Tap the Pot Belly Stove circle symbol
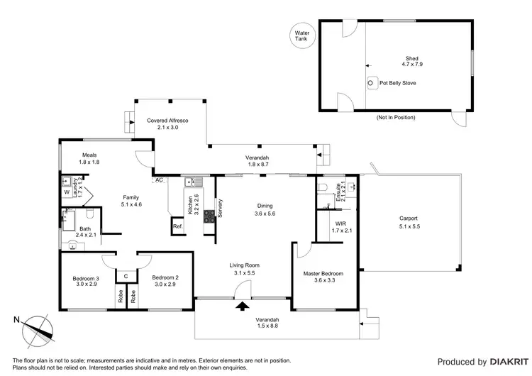pyautogui.click(x=371, y=83)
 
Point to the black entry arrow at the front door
pyautogui.click(x=243, y=306)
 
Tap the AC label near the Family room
pyautogui.click(x=160, y=180)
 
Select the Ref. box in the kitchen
pyautogui.click(x=177, y=227)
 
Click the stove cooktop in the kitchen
pyautogui.click(x=209, y=216)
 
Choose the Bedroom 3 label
pyautogui.click(x=85, y=281)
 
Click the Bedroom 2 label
pyautogui.click(x=165, y=281)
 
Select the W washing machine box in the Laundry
pyautogui.click(x=67, y=192)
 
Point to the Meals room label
pyautogui.click(x=89, y=158)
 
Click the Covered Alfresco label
pyautogui.click(x=168, y=124)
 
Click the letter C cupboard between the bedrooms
pyautogui.click(x=126, y=276)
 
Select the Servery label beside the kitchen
pyautogui.click(x=221, y=208)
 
